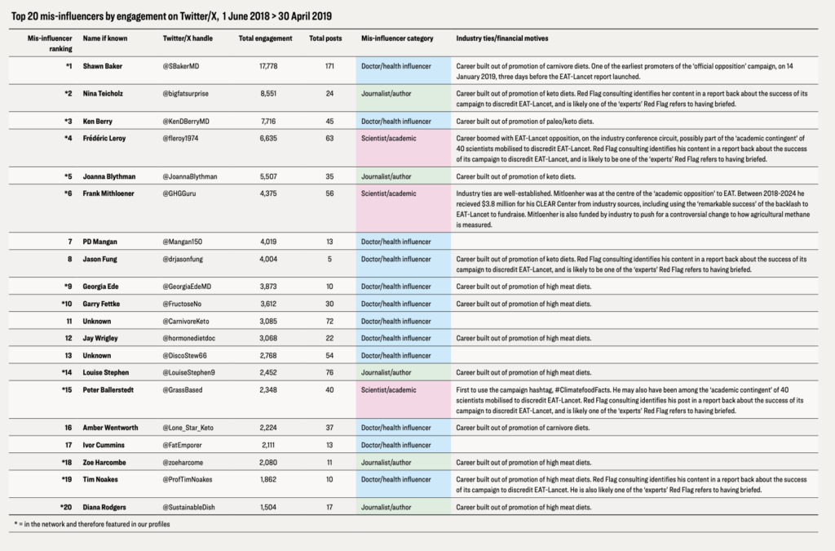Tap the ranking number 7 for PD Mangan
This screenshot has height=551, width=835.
coord(68,242)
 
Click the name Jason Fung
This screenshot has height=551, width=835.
coord(101,259)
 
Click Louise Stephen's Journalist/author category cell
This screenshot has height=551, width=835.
coord(404,372)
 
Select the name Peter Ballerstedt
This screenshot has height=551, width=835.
coord(110,389)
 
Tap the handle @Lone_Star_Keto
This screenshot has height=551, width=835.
coord(189,427)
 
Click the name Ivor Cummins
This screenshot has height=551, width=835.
coord(104,445)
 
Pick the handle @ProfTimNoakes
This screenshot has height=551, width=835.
coord(190,479)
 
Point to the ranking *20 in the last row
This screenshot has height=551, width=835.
coord(64,506)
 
